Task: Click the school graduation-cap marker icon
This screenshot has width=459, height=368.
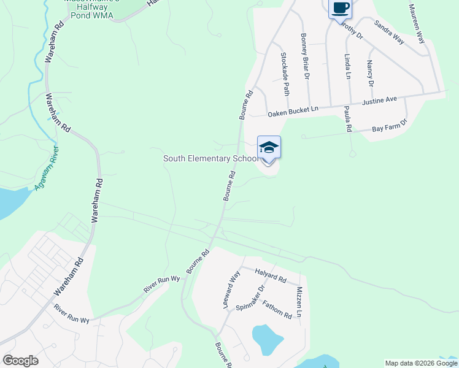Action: pyautogui.click(x=269, y=148)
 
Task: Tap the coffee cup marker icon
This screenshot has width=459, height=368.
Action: pyautogui.click(x=340, y=9)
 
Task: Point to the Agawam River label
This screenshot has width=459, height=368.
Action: pyautogui.click(x=47, y=167)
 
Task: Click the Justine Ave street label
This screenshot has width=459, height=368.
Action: pyautogui.click(x=380, y=100)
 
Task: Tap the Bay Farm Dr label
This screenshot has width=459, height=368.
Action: pyautogui.click(x=390, y=127)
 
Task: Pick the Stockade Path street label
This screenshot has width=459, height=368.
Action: pyautogui.click(x=284, y=74)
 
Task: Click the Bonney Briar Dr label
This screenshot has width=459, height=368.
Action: pyautogui.click(x=305, y=56)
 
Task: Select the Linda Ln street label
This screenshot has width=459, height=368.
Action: pyautogui.click(x=347, y=66)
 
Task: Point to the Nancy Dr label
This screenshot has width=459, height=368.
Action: pyautogui.click(x=370, y=73)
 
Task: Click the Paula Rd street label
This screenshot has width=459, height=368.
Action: pyautogui.click(x=347, y=119)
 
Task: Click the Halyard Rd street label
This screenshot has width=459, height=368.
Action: pyautogui.click(x=271, y=276)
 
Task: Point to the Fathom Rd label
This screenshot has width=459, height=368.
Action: pyautogui.click(x=277, y=309)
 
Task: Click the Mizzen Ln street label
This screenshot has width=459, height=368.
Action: pyautogui.click(x=299, y=302)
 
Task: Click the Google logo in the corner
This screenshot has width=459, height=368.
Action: pyautogui.click(x=20, y=361)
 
